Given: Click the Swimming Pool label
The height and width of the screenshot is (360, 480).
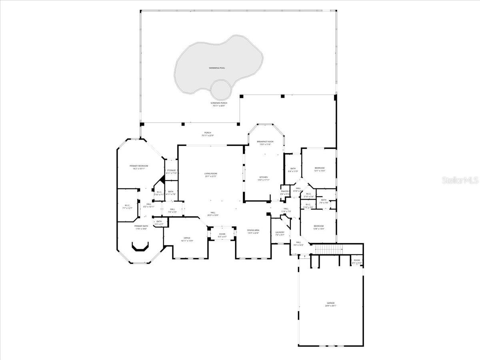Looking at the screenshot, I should (x=217, y=68).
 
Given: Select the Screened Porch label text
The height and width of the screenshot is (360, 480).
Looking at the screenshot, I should (x=219, y=103).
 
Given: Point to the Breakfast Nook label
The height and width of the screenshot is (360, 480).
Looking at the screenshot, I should (x=265, y=142).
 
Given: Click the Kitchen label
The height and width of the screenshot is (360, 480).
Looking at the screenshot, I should (x=263, y=177).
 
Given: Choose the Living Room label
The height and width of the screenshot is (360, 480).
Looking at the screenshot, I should (x=210, y=174).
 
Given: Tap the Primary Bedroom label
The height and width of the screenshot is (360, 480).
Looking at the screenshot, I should (x=139, y=166).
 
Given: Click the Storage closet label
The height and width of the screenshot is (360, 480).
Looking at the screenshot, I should (x=172, y=171).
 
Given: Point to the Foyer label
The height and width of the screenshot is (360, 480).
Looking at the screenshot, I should (x=222, y=234).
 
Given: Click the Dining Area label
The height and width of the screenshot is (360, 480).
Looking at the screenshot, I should (x=253, y=230).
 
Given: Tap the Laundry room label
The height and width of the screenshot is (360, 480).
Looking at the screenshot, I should (x=280, y=232).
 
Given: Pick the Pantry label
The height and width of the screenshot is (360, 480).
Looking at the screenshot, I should (x=285, y=192).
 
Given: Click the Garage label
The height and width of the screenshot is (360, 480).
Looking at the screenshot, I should (x=330, y=303).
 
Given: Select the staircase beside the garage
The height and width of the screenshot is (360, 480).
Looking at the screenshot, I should (x=329, y=249).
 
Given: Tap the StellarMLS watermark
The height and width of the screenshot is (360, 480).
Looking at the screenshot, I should (x=460, y=180).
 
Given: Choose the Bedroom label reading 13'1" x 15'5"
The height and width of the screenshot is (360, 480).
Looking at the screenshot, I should (x=320, y=168).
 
